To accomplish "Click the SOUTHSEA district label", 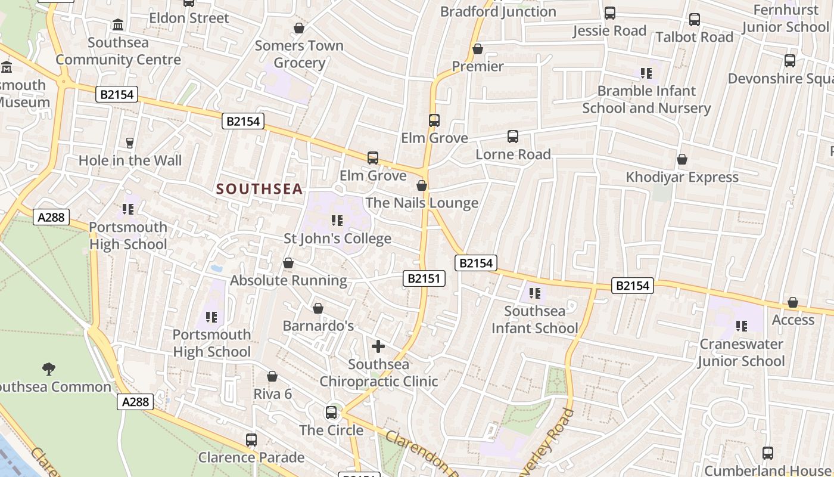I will pyautogui.click(x=259, y=190).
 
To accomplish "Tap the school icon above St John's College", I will pyautogui.click(x=337, y=221).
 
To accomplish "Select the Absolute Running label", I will pyautogui.click(x=288, y=280).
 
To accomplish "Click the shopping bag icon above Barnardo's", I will pyautogui.click(x=318, y=308).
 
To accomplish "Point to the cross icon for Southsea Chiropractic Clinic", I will pyautogui.click(x=378, y=346).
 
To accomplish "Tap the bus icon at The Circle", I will pyautogui.click(x=331, y=412).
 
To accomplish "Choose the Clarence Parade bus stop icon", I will pyautogui.click(x=251, y=440).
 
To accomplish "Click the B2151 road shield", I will pyautogui.click(x=424, y=278).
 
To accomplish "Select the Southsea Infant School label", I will pyautogui.click(x=534, y=320).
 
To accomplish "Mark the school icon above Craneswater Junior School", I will pyautogui.click(x=741, y=326).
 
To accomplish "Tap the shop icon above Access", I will pyautogui.click(x=793, y=302).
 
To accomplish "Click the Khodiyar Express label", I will pyautogui.click(x=682, y=177).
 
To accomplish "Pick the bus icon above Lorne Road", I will pyautogui.click(x=513, y=137).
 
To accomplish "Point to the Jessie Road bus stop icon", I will pyautogui.click(x=610, y=13).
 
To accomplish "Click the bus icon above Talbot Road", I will pyautogui.click(x=695, y=20).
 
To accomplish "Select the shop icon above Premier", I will pyautogui.click(x=478, y=49).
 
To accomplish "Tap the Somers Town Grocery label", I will pyautogui.click(x=299, y=54).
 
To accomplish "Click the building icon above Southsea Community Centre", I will pyautogui.click(x=118, y=25).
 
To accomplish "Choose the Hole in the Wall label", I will pyautogui.click(x=130, y=160).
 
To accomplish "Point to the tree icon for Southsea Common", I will pyautogui.click(x=49, y=369).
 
